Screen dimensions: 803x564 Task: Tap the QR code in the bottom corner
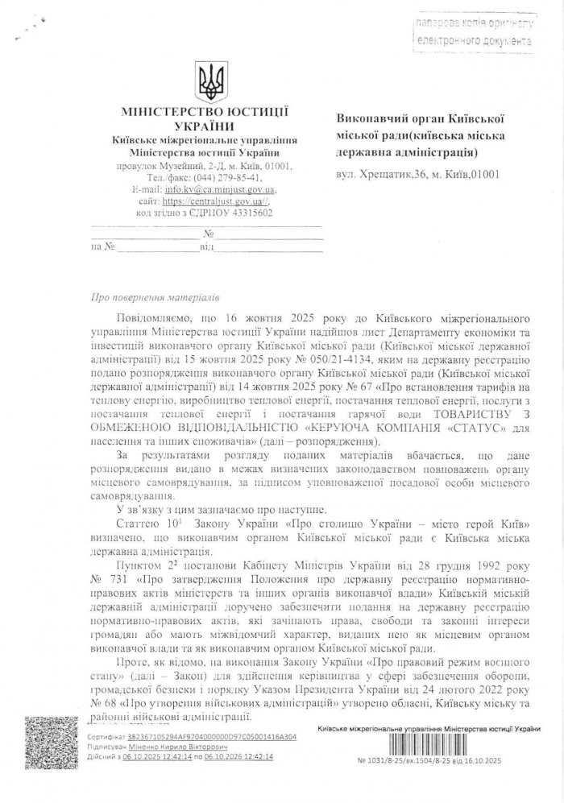(50, 743)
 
